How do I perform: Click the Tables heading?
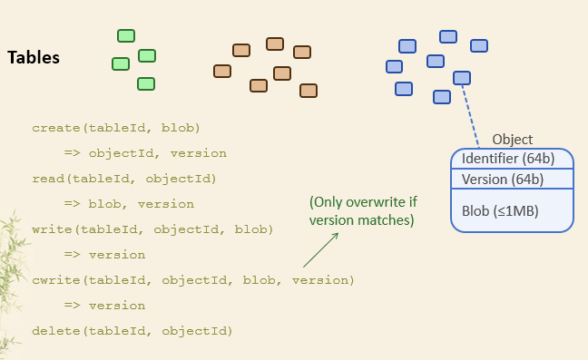pyautogui.click(x=34, y=58)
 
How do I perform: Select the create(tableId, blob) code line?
pyautogui.click(x=116, y=128)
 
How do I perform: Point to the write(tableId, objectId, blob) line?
pyautogui.click(x=152, y=229)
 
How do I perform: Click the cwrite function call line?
pyautogui.click(x=192, y=280)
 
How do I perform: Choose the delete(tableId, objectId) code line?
pyautogui.click(x=132, y=331)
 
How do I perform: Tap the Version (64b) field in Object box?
pyautogui.click(x=503, y=180)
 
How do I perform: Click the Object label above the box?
pyautogui.click(x=512, y=140)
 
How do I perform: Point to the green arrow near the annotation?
pyautogui.click(x=319, y=248)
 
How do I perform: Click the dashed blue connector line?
pyautogui.click(x=471, y=113)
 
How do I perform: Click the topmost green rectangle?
pyautogui.click(x=126, y=36)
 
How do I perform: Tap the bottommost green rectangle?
pyautogui.click(x=145, y=84)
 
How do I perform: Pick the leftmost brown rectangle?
pyautogui.click(x=222, y=71)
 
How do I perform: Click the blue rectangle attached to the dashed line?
pyautogui.click(x=462, y=78)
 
